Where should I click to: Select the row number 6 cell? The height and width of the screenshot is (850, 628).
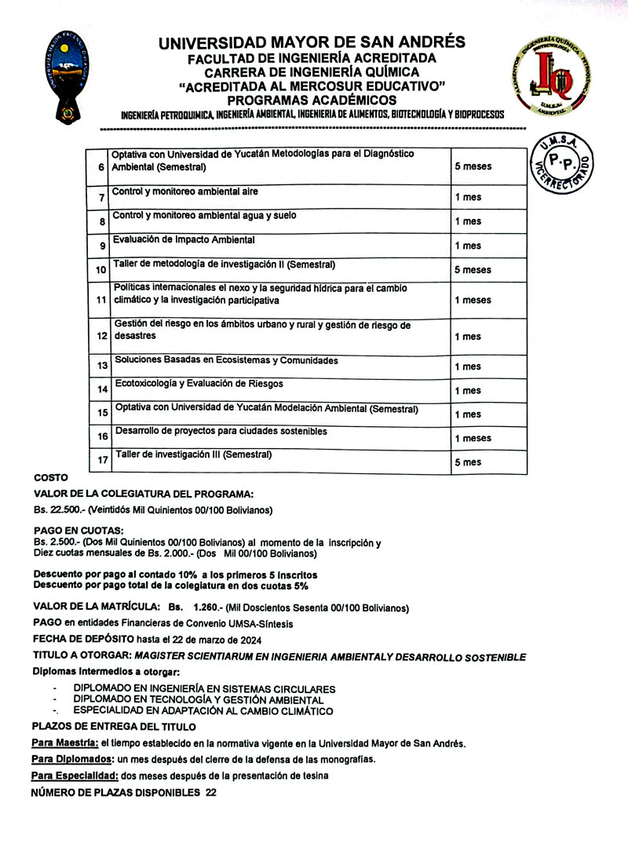[100, 167]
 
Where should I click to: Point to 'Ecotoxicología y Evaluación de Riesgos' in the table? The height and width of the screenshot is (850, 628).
[199, 384]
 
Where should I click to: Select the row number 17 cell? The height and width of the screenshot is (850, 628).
[102, 461]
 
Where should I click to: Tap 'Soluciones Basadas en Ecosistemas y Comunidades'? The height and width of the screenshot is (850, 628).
[227, 360]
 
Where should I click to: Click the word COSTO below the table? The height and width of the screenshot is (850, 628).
[51, 478]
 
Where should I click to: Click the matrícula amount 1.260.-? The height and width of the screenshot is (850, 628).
[205, 607]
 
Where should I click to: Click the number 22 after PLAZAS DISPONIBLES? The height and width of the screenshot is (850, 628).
[210, 793]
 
